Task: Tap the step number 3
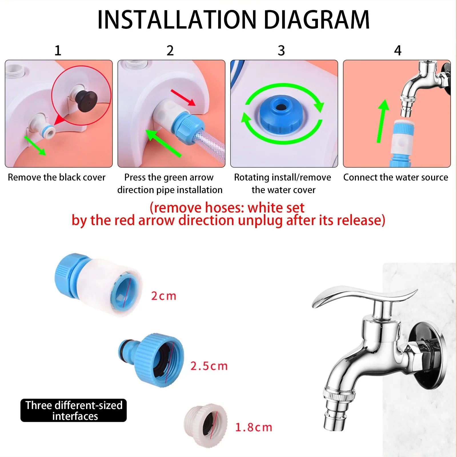(281, 51)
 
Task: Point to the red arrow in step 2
(183, 97)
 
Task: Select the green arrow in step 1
(35, 146)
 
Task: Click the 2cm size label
(163, 296)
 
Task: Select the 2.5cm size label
(209, 366)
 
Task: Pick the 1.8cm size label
(253, 427)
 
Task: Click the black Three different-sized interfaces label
(74, 410)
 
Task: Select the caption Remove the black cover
(57, 177)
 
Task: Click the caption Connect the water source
(396, 177)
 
